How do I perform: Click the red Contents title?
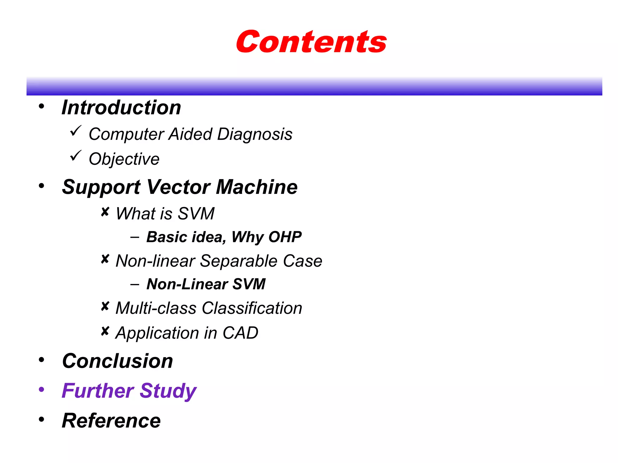[311, 42]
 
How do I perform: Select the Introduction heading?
[121, 108]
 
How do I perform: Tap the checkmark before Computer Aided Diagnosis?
[75, 131]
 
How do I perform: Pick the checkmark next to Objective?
[75, 156]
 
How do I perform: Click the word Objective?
[124, 159]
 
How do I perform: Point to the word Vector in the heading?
[178, 187]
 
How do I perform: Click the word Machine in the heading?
[256, 187]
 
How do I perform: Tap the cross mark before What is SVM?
[105, 212]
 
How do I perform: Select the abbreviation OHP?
[285, 237]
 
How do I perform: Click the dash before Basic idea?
[135, 237]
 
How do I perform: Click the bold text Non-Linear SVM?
[206, 284]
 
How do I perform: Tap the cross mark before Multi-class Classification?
[105, 306]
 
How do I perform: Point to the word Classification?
[252, 308]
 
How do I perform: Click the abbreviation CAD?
[240, 333]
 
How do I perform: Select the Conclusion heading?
[117, 361]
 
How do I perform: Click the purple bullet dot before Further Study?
[42, 389]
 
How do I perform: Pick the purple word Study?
[168, 391]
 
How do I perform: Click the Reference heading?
[111, 420]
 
